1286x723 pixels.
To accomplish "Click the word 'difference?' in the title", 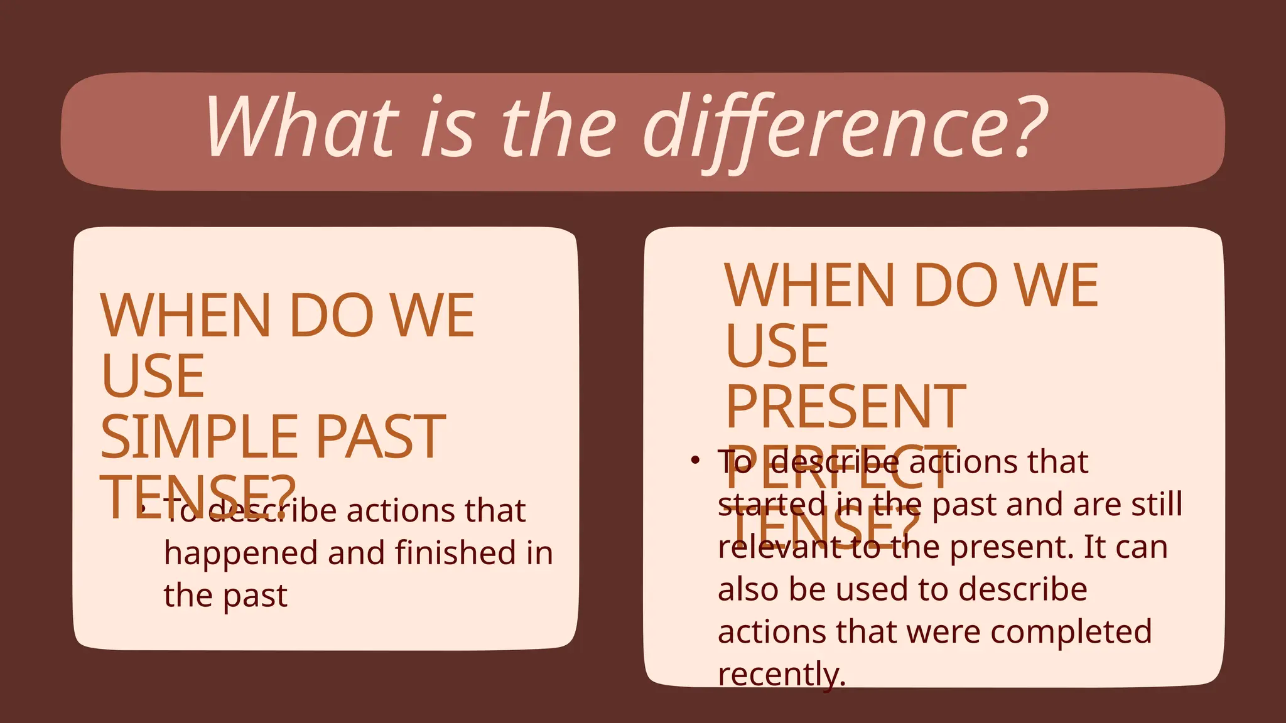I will [845, 129].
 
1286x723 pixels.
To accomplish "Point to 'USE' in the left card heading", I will [153, 377].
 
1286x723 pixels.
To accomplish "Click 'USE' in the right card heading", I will [777, 346].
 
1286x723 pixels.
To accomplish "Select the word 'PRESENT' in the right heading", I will [845, 407].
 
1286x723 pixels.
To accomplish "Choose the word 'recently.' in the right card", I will [782, 675].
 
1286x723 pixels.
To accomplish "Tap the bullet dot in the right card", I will [694, 461].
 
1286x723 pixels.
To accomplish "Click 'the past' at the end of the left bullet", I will [225, 596].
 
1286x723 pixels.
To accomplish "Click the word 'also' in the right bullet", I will [747, 589].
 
